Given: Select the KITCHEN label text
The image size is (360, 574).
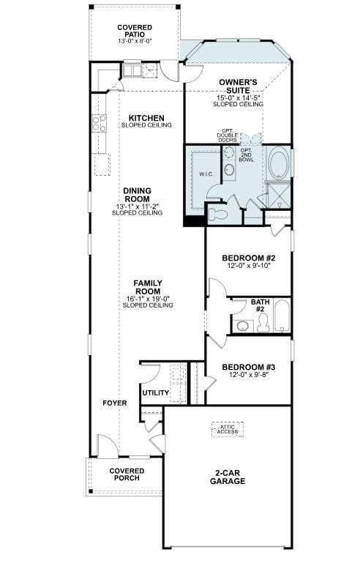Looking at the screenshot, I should pyautogui.click(x=146, y=118).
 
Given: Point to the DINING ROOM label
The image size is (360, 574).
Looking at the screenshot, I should pyautogui.click(x=137, y=195).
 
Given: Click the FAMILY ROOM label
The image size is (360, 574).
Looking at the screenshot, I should pyautogui.click(x=148, y=287).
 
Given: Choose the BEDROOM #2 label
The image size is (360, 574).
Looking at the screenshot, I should pyautogui.click(x=249, y=258).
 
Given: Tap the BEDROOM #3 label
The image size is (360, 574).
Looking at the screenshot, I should pyautogui.click(x=249, y=367).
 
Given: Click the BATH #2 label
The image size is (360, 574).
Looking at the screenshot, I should pyautogui.click(x=260, y=305).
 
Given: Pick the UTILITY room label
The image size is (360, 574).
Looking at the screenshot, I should pyautogui.click(x=155, y=393).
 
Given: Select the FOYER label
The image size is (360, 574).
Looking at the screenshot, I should pyautogui.click(x=114, y=403).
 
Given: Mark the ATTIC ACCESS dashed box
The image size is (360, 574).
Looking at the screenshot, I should pyautogui.click(x=227, y=430).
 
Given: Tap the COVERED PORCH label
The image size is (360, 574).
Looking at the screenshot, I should pyautogui.click(x=127, y=474).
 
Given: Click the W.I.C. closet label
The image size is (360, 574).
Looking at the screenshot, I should pyautogui.click(x=206, y=174).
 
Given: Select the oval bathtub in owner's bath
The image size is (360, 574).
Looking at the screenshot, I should pyautogui.click(x=279, y=163).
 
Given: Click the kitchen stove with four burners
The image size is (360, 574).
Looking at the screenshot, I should pyautogui.click(x=99, y=124).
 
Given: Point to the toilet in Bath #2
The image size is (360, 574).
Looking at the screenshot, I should pyautogui.click(x=243, y=325).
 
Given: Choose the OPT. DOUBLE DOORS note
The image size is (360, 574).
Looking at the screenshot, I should pyautogui.click(x=228, y=135).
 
